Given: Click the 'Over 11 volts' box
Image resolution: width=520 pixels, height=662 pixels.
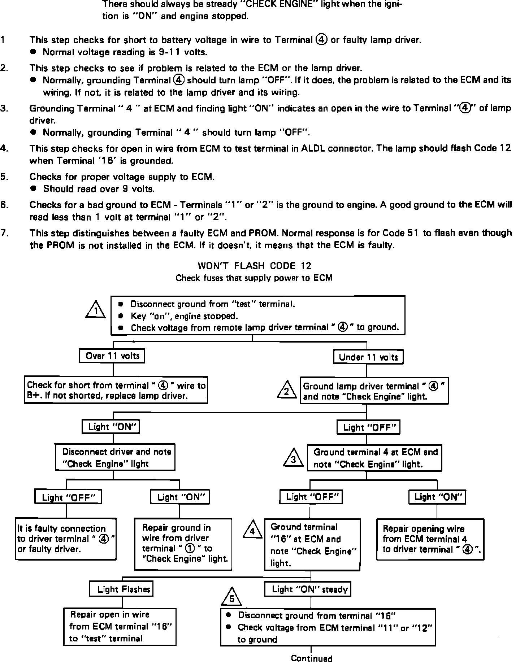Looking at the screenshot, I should [x=112, y=356].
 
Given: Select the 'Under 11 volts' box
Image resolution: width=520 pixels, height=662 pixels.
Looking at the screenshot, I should [x=368, y=357].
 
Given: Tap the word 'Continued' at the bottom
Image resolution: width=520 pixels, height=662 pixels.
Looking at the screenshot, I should [x=311, y=658].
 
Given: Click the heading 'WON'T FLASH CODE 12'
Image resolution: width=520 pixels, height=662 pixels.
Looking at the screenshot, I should [x=254, y=266].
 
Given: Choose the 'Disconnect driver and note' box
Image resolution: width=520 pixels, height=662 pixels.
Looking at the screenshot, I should [x=115, y=457].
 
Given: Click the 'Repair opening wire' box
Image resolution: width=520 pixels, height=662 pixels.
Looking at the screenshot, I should [x=430, y=539].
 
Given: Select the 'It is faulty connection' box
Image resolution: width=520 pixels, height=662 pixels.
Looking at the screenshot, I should [x=66, y=539].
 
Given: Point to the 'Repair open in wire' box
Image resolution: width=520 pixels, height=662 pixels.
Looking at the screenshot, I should [x=120, y=627].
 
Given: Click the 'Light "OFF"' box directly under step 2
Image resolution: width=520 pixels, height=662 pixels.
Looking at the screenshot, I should [x=369, y=428].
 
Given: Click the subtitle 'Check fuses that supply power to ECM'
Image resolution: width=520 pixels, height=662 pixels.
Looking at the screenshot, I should [x=254, y=278].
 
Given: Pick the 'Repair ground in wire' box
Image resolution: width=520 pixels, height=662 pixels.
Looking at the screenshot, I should [x=183, y=544].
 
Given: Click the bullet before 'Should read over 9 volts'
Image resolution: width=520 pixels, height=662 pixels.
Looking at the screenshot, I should [x=34, y=188].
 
